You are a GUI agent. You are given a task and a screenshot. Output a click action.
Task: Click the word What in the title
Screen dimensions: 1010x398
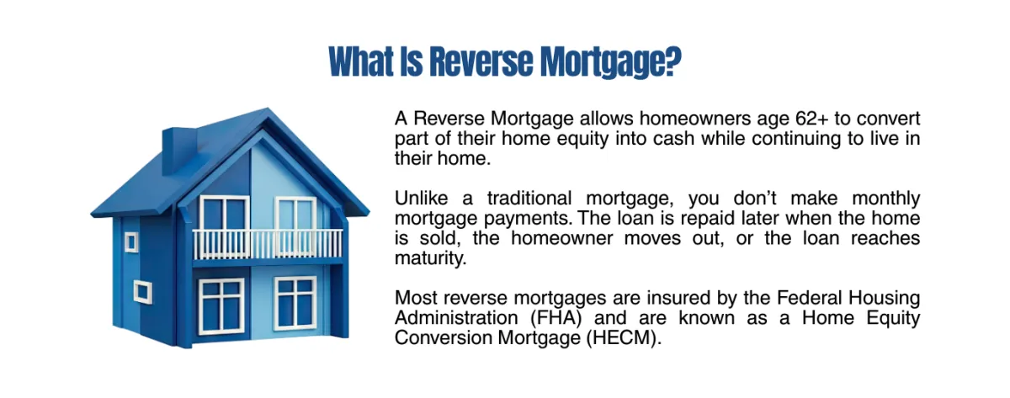click(361, 61)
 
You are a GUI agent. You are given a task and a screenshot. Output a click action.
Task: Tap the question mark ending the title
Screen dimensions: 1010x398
click(671, 61)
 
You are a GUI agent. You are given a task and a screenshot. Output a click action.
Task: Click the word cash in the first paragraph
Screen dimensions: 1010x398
click(673, 138)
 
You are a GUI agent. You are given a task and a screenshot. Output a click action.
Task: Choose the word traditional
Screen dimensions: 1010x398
click(529, 199)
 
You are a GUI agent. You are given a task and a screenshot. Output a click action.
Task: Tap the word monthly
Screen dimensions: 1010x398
click(886, 199)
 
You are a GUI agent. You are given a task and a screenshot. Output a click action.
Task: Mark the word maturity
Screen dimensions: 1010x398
click(431, 258)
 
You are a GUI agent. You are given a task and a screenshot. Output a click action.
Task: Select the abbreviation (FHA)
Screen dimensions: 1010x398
click(556, 318)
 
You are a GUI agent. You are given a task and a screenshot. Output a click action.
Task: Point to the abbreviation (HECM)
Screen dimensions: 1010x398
click(624, 338)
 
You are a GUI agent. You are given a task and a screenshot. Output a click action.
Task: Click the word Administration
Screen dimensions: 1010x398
click(456, 318)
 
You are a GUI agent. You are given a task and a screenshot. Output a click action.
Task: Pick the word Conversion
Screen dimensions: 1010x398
click(444, 338)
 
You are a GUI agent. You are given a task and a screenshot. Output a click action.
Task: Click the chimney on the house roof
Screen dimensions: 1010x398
click(179, 150)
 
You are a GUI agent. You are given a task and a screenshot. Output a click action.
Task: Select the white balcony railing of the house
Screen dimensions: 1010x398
click(268, 244)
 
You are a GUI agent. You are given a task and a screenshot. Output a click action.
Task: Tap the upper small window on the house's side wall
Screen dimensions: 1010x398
click(131, 242)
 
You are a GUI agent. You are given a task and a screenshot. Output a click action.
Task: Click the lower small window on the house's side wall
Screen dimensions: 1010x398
click(142, 291)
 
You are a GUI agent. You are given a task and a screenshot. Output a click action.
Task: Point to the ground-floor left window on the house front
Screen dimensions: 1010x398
click(221, 305)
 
